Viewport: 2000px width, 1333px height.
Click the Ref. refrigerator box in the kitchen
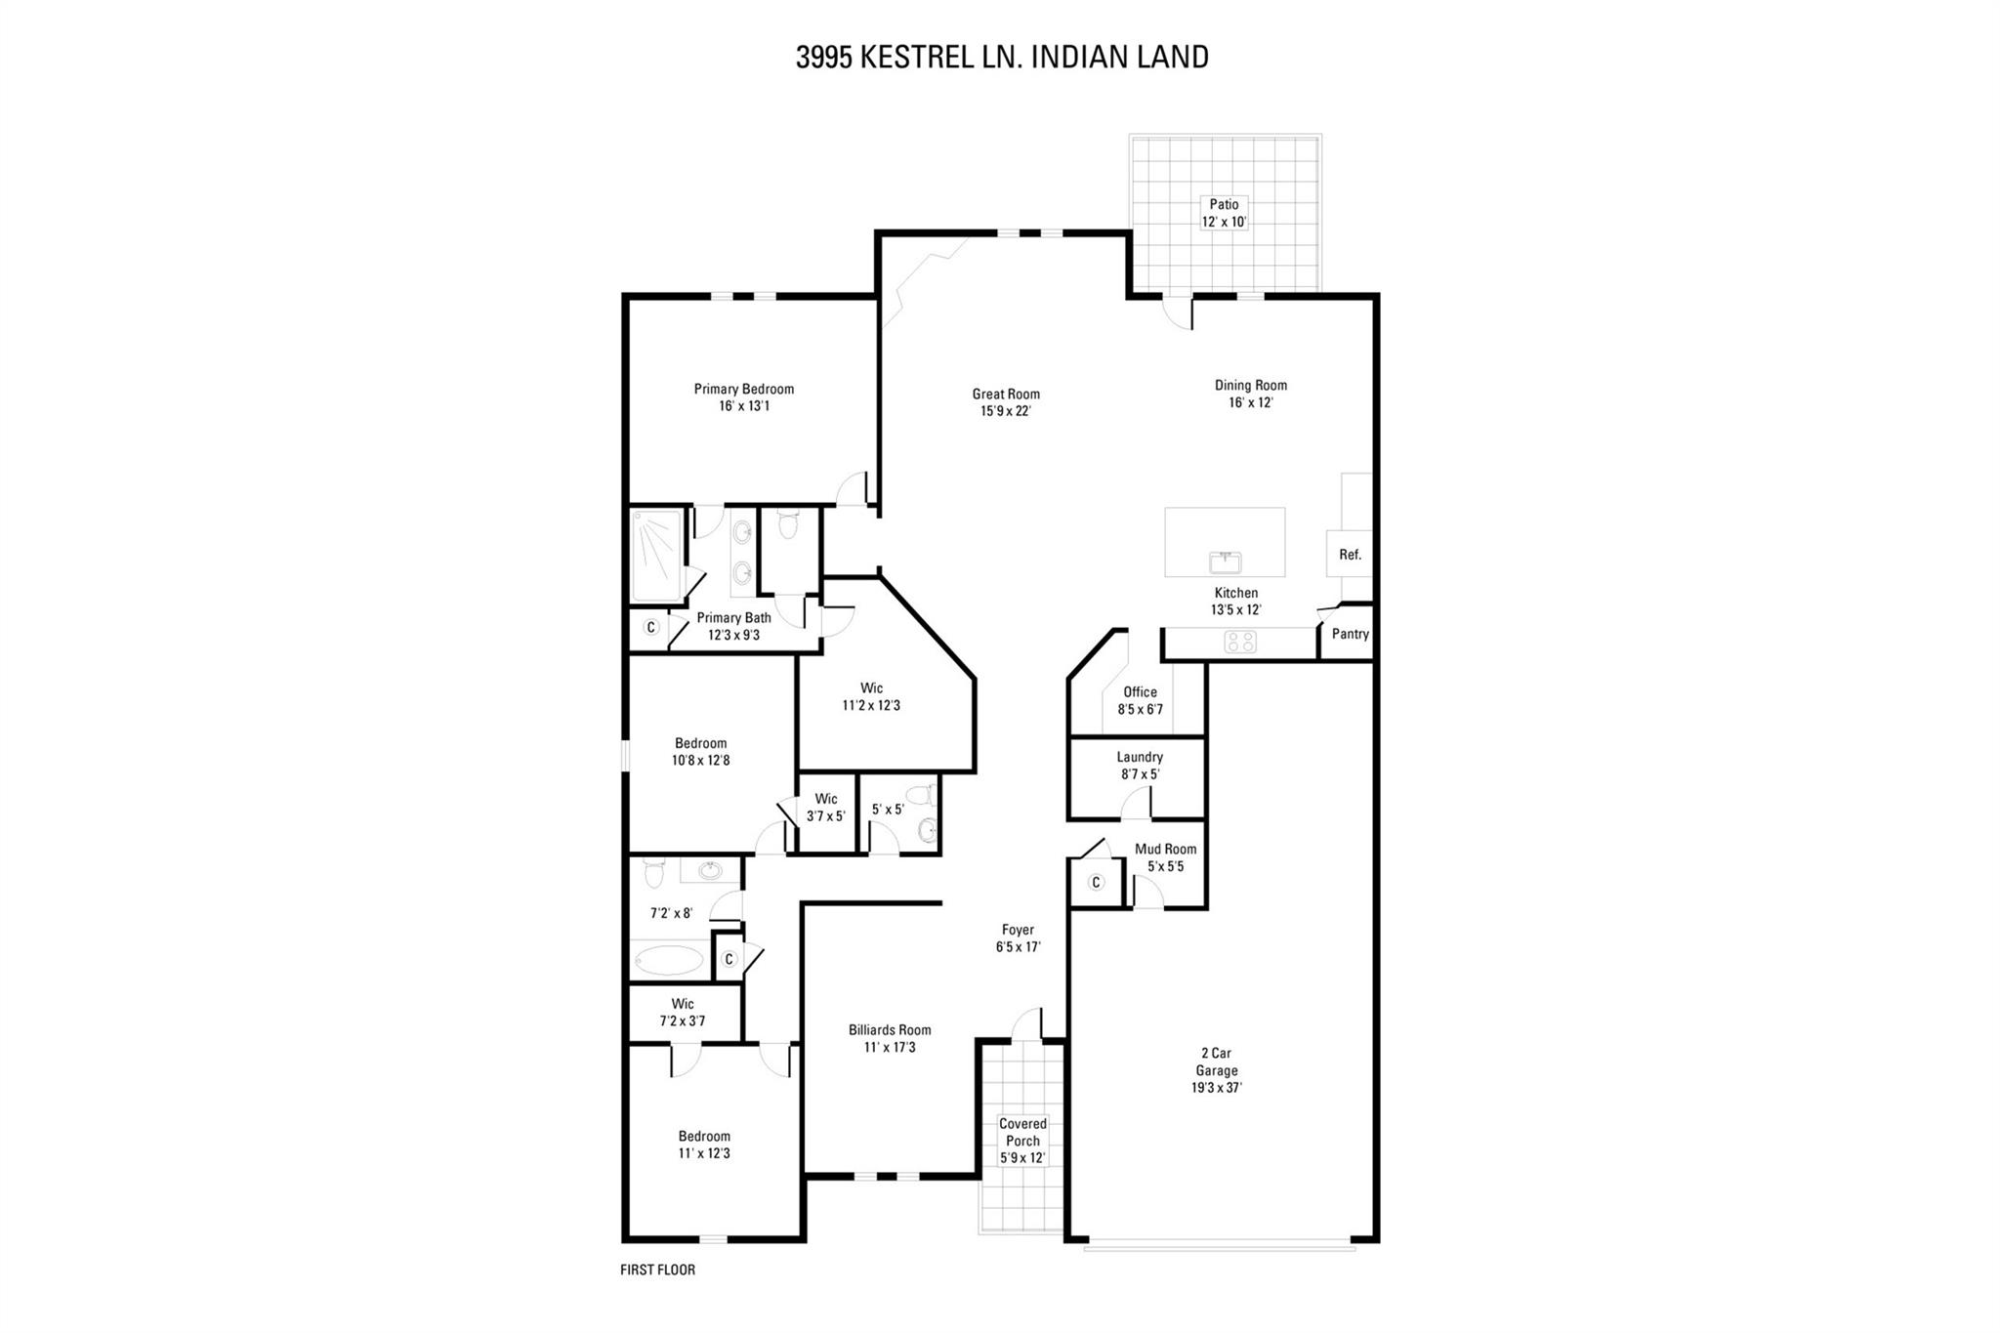pos(1350,554)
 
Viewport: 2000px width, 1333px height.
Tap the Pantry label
pos(1350,634)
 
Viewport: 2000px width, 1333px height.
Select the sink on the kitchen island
pos(1225,562)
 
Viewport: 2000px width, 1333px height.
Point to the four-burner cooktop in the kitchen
pos(1240,642)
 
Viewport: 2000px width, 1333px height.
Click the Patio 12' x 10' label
pos(1224,213)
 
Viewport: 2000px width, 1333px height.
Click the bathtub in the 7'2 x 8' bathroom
pos(668,959)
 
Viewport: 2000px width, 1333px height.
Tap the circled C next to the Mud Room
pos(1096,883)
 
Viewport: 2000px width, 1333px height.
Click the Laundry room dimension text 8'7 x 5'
pos(1140,774)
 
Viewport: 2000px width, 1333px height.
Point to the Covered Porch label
pos(1022,1141)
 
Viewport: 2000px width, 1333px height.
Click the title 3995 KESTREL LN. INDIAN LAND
pos(1002,58)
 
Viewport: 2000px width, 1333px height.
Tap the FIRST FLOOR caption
pos(657,1270)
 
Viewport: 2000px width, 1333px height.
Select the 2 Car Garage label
pos(1216,1070)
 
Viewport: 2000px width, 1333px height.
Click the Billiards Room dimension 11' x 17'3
pos(890,1048)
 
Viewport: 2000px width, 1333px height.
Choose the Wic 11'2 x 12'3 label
pos(871,696)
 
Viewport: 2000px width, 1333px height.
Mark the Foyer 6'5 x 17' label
pos(1017,937)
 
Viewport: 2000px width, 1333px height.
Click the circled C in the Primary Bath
pos(650,627)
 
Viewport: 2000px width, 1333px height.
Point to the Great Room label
pos(1006,394)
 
